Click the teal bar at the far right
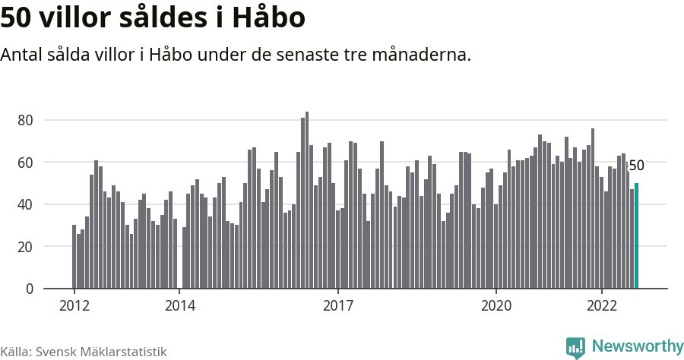(x=636, y=235)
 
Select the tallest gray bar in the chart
(x=307, y=200)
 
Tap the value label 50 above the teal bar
(x=637, y=166)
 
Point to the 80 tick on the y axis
(x=25, y=120)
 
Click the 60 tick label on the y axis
(x=25, y=163)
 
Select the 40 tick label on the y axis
(x=25, y=204)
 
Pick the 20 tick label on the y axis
(x=25, y=247)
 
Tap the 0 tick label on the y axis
(x=30, y=289)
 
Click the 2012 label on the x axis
(x=74, y=305)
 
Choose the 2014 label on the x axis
(x=180, y=305)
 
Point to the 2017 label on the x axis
(x=338, y=305)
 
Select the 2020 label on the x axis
(x=496, y=305)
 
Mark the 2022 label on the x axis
(x=602, y=305)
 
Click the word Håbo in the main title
(x=269, y=17)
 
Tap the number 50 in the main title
(x=16, y=18)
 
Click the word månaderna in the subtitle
(x=422, y=55)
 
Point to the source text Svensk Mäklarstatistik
(x=101, y=352)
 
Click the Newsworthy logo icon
(x=575, y=347)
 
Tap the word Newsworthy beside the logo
(x=638, y=346)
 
